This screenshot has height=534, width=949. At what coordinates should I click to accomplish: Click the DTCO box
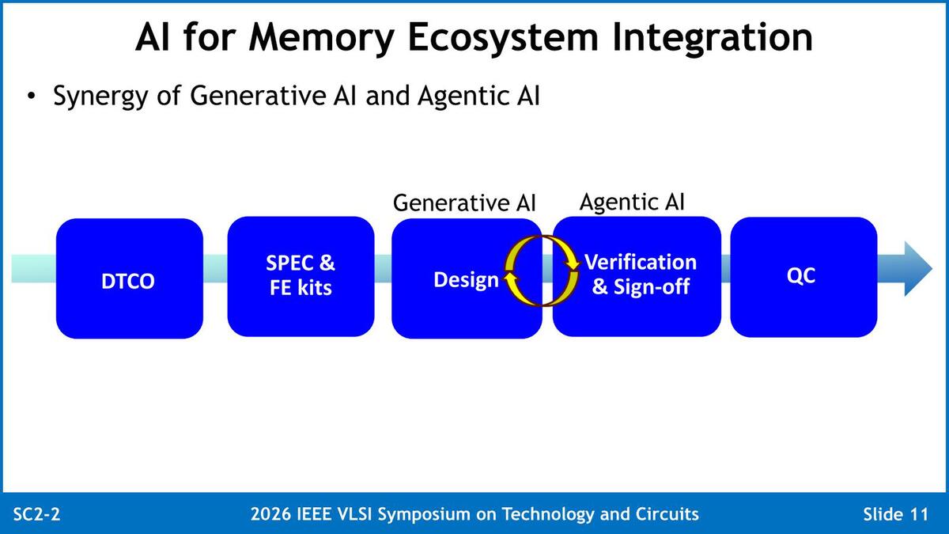[130, 278]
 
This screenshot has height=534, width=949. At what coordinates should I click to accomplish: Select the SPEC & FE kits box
[301, 276]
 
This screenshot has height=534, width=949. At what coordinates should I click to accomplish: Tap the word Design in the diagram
[466, 280]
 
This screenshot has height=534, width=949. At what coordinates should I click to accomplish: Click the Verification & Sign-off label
[641, 275]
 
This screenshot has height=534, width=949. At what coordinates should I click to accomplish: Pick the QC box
[803, 277]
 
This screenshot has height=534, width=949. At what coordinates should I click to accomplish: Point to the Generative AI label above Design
[464, 203]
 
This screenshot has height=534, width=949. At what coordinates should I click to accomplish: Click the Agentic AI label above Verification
[632, 201]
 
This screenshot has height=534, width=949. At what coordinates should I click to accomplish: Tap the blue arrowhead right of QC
[918, 269]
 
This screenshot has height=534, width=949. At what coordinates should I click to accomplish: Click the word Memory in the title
[322, 37]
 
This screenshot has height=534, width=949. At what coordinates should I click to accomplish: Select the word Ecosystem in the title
[503, 37]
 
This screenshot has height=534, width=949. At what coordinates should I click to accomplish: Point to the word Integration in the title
[713, 37]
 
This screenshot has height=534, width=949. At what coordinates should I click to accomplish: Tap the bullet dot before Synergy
[31, 96]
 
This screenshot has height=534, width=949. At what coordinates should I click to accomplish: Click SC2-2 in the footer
[37, 514]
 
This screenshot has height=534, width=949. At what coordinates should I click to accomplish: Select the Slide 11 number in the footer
[896, 514]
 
